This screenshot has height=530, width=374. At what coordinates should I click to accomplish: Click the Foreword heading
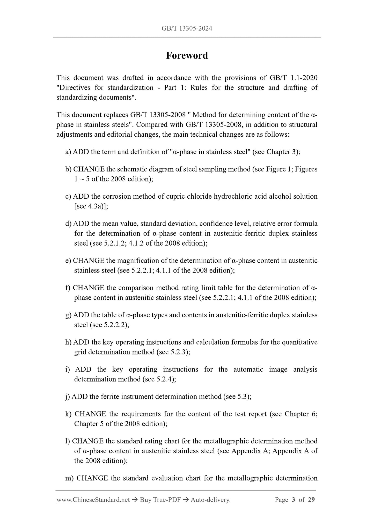point(187,55)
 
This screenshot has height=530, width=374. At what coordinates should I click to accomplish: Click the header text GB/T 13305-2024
point(187,29)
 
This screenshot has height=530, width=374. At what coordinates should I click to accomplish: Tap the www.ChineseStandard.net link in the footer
point(93,500)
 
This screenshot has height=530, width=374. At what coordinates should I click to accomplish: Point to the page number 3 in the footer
point(293,500)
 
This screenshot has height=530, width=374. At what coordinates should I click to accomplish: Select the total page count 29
point(311,500)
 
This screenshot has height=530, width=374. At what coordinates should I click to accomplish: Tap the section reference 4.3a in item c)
point(96,206)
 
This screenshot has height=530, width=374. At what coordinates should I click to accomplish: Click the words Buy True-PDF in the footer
point(160,500)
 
